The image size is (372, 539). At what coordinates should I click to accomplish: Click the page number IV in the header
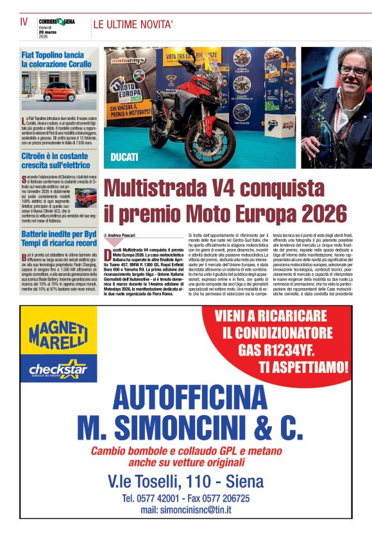(24, 21)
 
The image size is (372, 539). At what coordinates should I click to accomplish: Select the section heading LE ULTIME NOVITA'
(133, 25)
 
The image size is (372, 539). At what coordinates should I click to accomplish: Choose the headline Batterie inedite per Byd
(59, 239)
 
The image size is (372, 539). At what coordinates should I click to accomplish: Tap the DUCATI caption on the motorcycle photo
(124, 157)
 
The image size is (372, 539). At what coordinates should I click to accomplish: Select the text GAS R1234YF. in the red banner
(284, 350)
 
